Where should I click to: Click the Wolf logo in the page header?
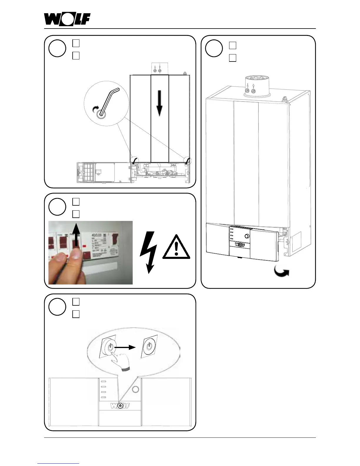point(67,20)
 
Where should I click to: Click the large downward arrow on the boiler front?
point(159,103)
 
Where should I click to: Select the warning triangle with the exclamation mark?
point(176,247)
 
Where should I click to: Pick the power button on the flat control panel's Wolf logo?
point(120,406)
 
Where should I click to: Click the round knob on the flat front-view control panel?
point(135,390)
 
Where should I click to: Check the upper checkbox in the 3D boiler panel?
point(232,45)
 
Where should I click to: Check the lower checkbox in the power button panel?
point(76,314)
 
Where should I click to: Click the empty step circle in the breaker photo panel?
point(57,207)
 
